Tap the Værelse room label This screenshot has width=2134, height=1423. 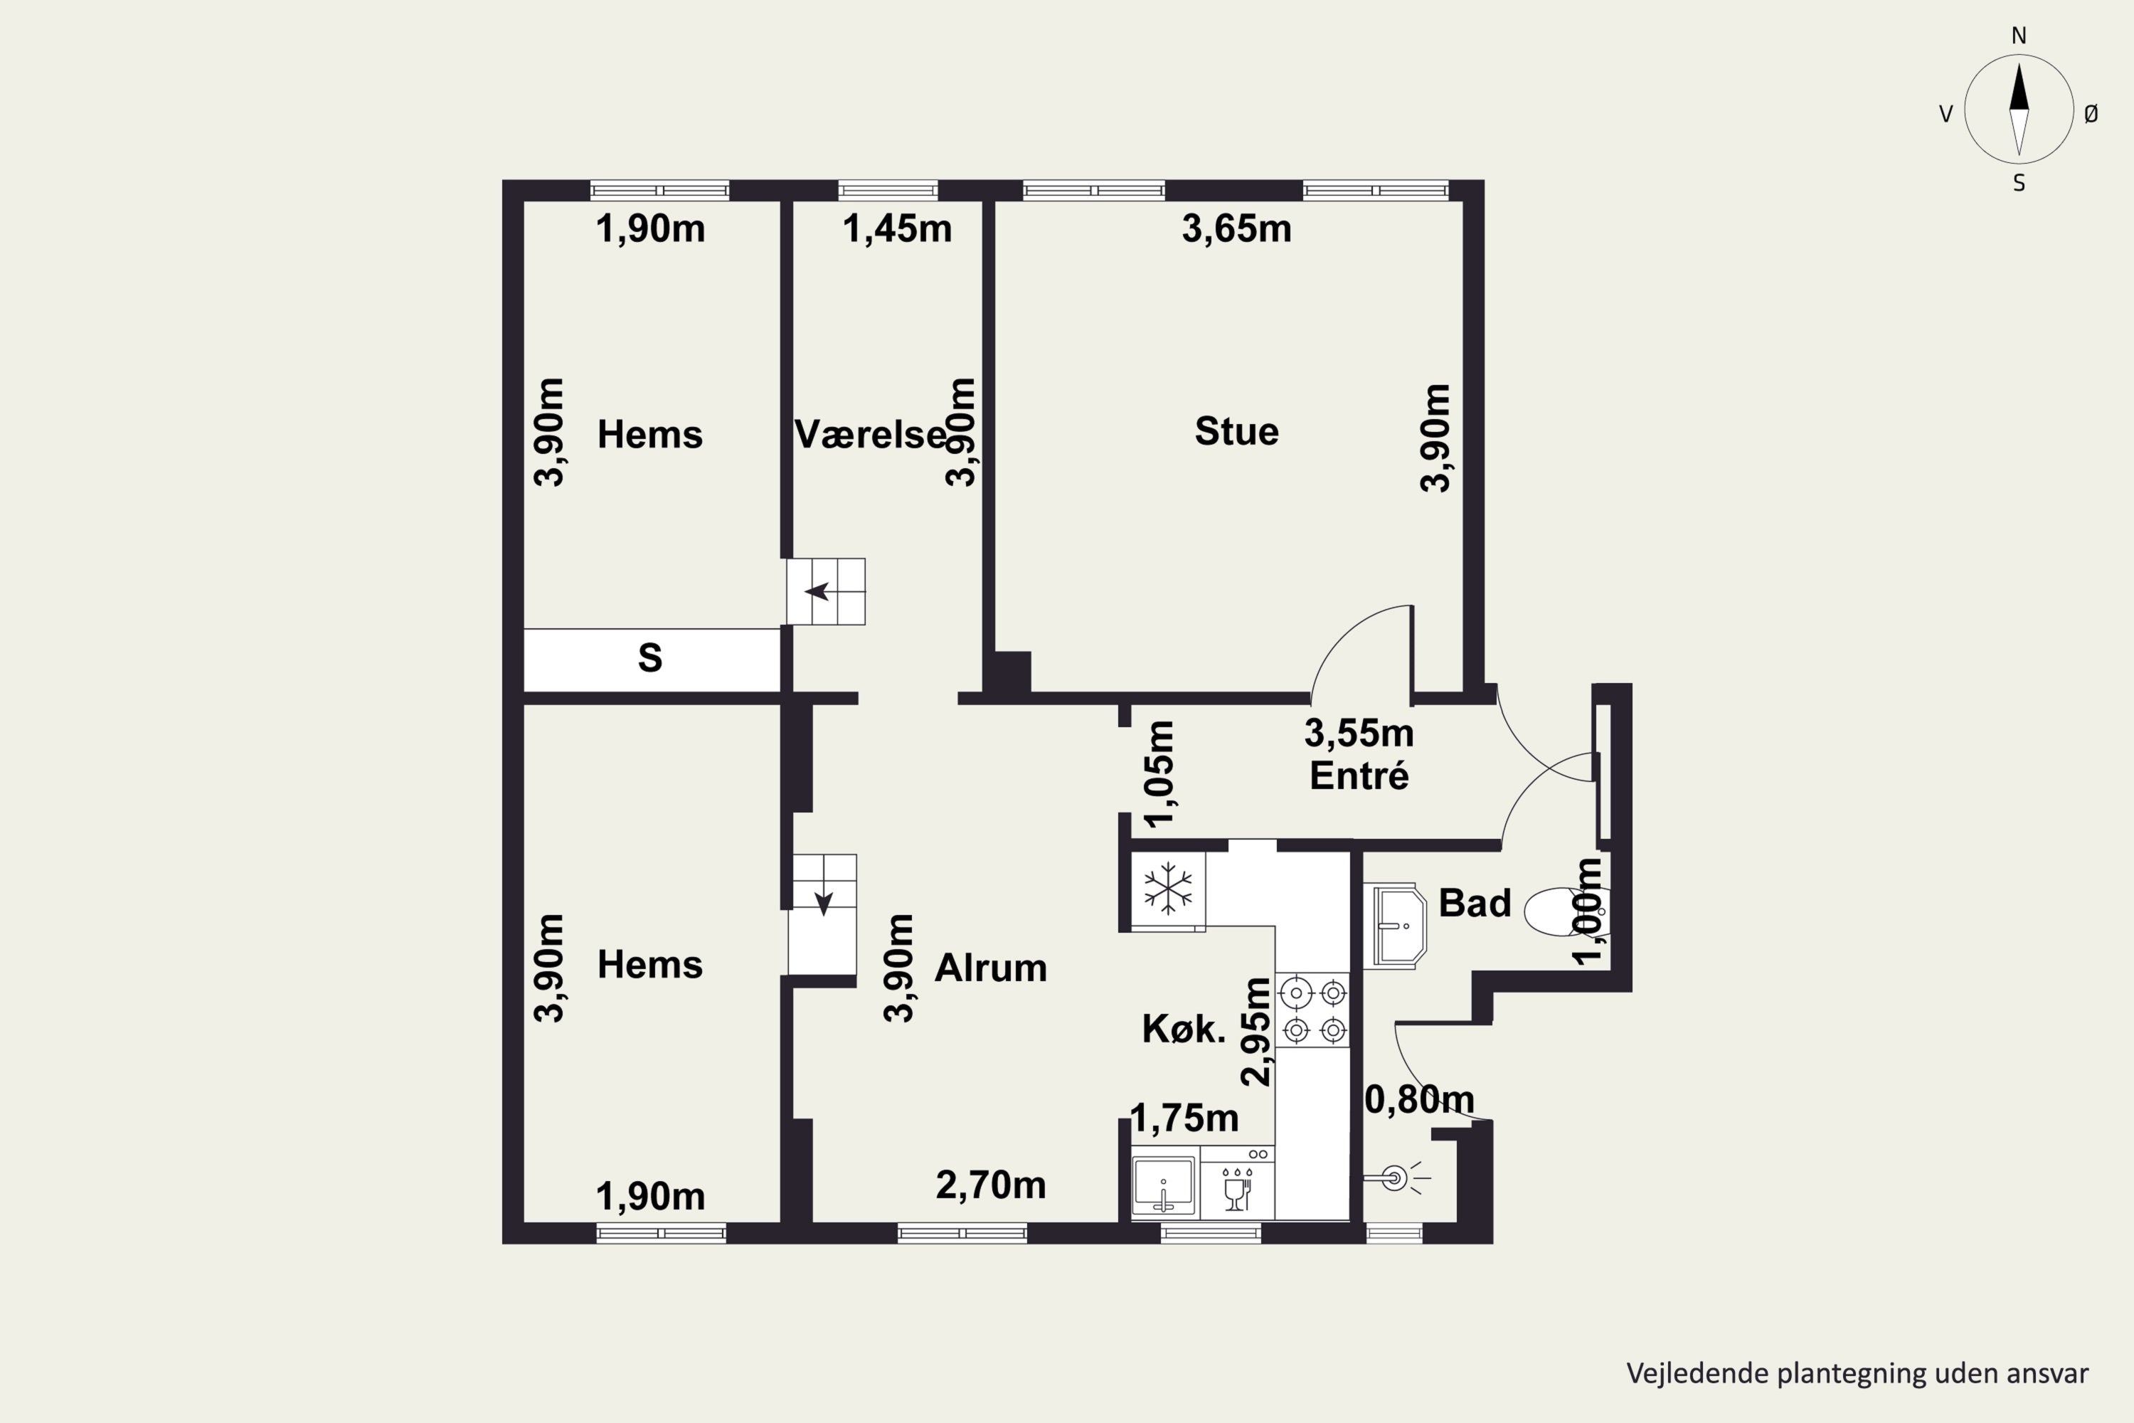tap(871, 435)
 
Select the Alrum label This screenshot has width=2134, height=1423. tap(990, 968)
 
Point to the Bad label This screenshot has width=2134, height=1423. tap(1475, 903)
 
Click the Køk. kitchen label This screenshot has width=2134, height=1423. tap(1183, 1029)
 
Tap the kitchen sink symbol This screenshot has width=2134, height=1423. tap(1164, 1185)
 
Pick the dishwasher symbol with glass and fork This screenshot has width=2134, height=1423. tap(1238, 1185)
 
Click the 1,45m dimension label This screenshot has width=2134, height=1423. tap(896, 228)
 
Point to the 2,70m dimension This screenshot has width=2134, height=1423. tap(990, 1185)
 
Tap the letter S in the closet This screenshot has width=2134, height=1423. tap(649, 658)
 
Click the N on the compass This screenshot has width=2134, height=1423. tap(2019, 36)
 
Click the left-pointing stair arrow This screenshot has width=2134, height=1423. tap(817, 592)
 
